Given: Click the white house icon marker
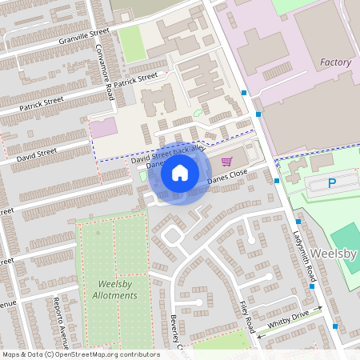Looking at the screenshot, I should point(179,172).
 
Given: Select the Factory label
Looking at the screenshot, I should point(335,62).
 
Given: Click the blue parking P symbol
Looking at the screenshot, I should point(333,184).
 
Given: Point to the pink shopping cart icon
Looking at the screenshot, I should point(237,161).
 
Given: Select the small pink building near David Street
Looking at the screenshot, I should point(102,128).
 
